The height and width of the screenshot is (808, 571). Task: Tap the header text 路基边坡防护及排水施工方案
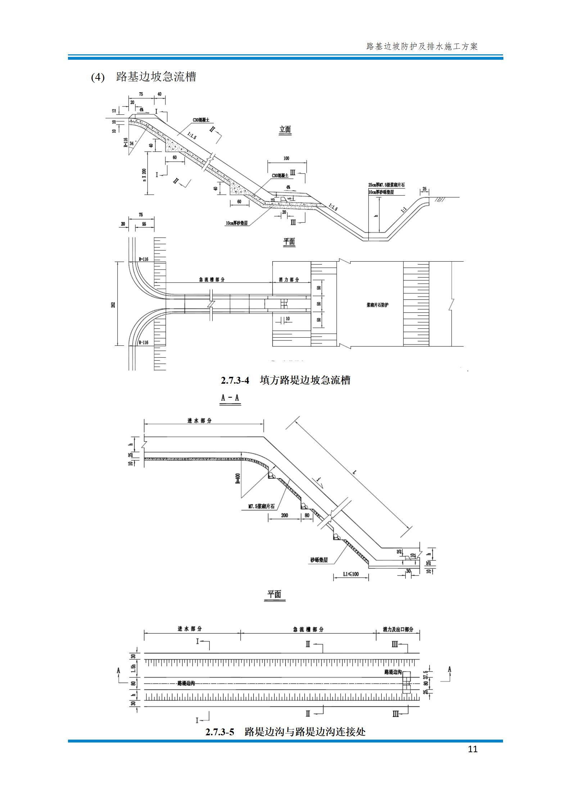pyautogui.click(x=422, y=46)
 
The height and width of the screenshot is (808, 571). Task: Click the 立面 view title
pyautogui.click(x=285, y=130)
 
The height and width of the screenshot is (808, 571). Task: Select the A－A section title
pyautogui.click(x=230, y=398)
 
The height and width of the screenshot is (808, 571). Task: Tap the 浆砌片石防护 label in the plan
pyautogui.click(x=375, y=304)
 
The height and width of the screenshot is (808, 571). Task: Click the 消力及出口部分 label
pyautogui.click(x=398, y=629)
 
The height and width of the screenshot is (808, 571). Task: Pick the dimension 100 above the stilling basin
pyautogui.click(x=286, y=158)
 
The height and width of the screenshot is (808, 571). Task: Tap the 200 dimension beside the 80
pyautogui.click(x=284, y=515)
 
